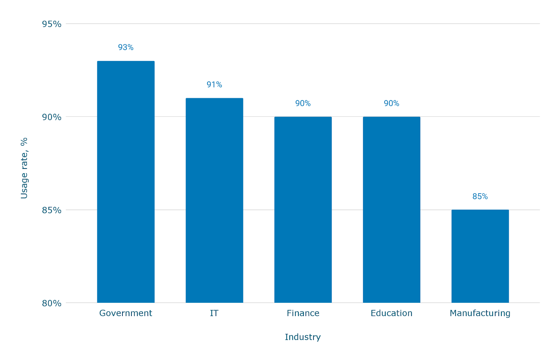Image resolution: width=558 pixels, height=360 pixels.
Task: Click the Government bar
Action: pos(126,181)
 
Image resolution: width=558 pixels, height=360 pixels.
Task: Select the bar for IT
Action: pos(214,200)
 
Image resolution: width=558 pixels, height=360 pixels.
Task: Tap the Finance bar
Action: pos(303,209)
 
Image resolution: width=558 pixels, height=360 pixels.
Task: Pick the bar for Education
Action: pos(391,209)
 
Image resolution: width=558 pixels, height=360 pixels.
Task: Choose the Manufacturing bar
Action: pos(480,256)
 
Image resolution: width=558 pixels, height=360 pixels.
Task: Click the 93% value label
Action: pos(126,47)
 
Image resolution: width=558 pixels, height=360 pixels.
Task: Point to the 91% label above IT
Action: pos(214,85)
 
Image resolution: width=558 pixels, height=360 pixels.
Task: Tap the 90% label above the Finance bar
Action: pos(303,104)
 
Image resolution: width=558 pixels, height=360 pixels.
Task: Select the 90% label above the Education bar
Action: pos(391,104)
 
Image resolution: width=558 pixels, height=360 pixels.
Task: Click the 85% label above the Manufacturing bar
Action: pos(480,197)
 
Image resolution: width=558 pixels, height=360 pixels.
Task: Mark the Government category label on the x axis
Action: pos(126,313)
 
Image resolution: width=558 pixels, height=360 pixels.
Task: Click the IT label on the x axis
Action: pos(214,313)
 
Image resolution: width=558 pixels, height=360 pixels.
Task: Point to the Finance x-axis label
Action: pos(303,313)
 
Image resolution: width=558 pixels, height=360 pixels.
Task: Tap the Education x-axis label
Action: pos(391,313)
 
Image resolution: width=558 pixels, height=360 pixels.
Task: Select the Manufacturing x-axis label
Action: pos(480,313)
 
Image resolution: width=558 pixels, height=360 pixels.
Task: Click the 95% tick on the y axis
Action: pos(52,24)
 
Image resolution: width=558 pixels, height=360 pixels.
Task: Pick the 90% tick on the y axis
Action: pos(52,117)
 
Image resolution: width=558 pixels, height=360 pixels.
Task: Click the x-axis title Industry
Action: pos(303,337)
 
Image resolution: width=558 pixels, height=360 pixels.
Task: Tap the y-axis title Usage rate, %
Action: pos(24,168)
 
